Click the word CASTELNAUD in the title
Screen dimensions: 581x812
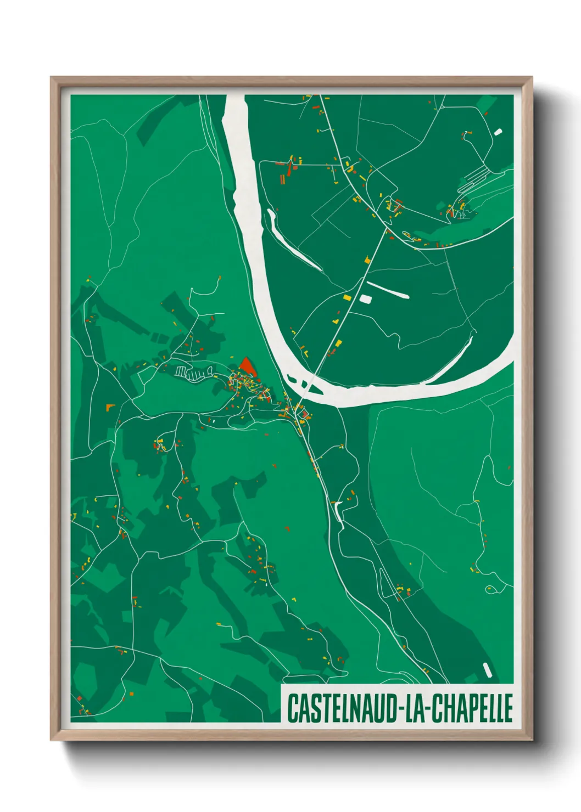(344, 708)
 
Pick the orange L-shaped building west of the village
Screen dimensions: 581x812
(110, 407)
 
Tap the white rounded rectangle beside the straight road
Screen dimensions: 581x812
(365, 298)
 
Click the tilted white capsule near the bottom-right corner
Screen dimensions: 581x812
(487, 669)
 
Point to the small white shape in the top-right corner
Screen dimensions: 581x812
(498, 132)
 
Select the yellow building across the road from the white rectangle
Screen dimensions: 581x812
(347, 297)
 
